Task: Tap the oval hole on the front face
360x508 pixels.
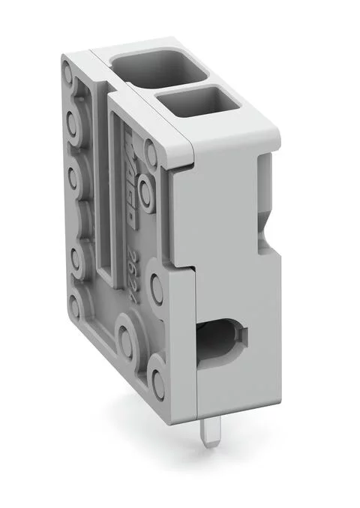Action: [226, 339]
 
